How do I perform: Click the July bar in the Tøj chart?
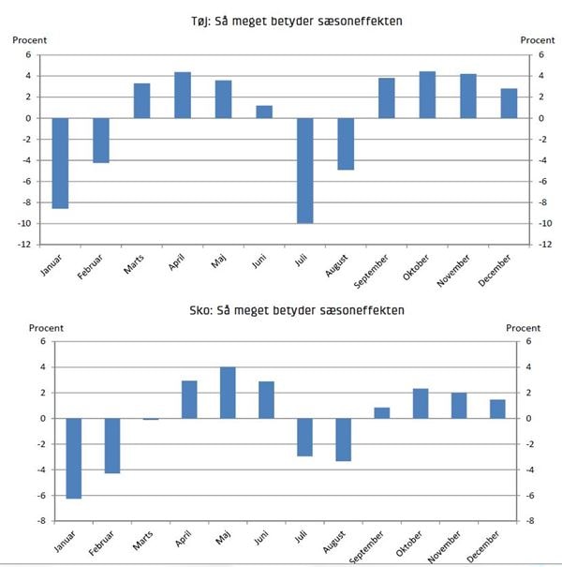coord(304,170)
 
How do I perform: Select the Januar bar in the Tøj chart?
coord(60,162)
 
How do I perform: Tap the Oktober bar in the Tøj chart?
coord(427,95)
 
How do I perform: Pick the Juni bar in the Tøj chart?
coord(264,112)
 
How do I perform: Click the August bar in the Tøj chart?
coord(346,143)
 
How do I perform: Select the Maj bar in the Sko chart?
coord(228,393)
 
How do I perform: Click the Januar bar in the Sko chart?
coord(73,458)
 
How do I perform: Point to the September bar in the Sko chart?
coord(382,413)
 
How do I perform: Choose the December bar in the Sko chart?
coord(496,409)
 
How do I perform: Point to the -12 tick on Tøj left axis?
coord(30,245)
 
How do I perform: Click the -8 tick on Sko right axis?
coord(530,521)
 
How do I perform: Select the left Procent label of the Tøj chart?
coord(29,40)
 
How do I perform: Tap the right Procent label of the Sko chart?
coord(523,328)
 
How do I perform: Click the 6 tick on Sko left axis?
coord(42,342)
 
